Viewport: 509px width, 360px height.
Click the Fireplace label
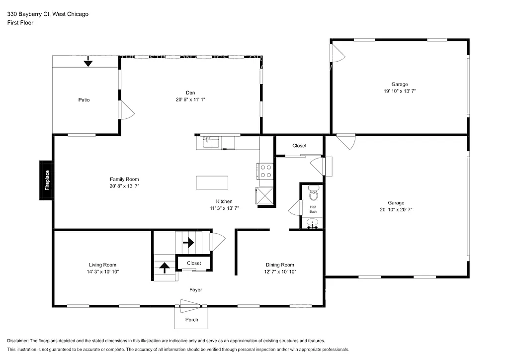click(x=47, y=180)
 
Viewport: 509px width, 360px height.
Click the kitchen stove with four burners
click(x=266, y=171)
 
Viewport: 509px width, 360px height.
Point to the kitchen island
click(x=212, y=182)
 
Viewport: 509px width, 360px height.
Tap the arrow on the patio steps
click(x=88, y=62)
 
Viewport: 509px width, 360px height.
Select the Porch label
click(x=191, y=320)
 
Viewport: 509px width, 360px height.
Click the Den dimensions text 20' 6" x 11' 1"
click(x=190, y=99)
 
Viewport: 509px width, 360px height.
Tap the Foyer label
click(x=195, y=290)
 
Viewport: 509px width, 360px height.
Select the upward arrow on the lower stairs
click(x=164, y=269)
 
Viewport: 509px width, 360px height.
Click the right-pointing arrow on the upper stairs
click(x=188, y=243)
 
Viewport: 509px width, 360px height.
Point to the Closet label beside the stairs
click(x=194, y=263)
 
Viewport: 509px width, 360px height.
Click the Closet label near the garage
click(x=299, y=146)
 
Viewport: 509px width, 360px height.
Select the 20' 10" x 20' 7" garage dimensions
click(x=396, y=210)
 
